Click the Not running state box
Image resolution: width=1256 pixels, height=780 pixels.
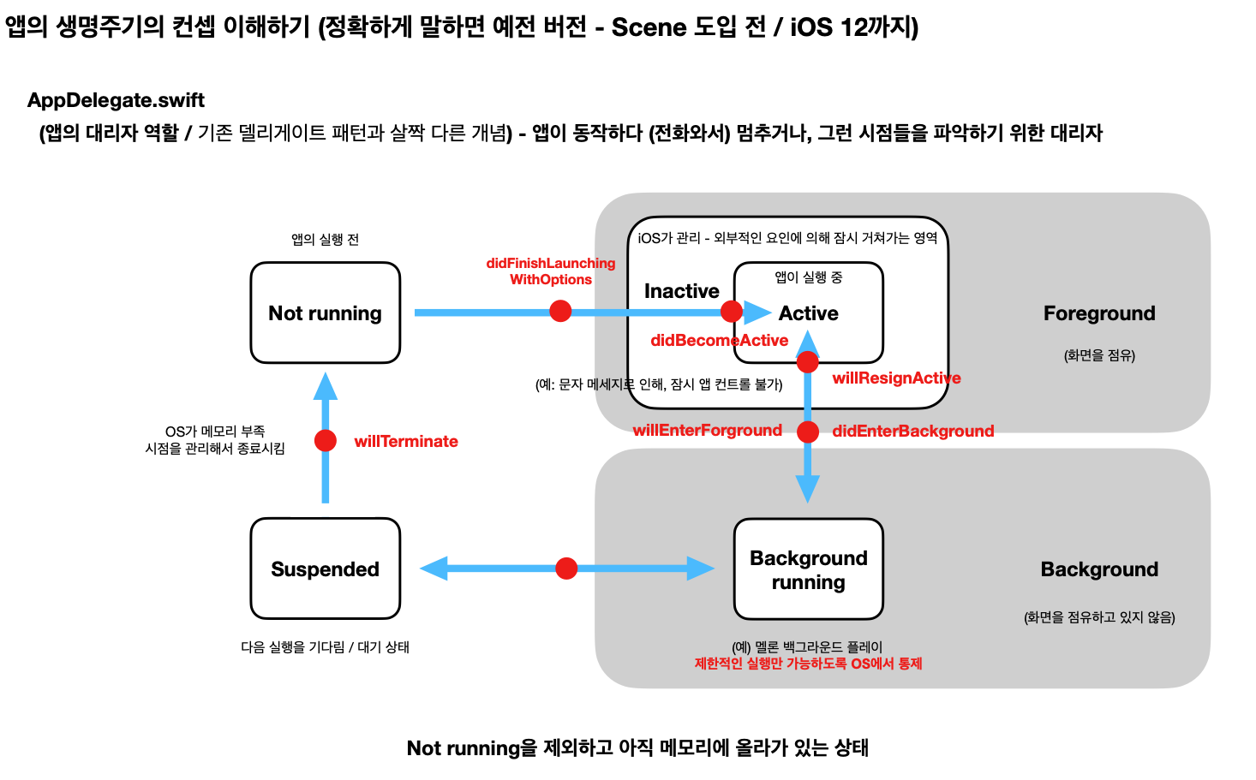click(x=325, y=313)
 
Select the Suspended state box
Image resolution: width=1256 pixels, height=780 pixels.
click(x=325, y=569)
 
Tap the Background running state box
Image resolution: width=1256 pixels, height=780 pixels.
click(x=808, y=569)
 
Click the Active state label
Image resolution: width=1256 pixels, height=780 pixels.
click(x=808, y=313)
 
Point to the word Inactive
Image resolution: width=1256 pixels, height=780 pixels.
click(x=681, y=291)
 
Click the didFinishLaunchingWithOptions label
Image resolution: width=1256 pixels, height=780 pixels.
click(x=550, y=271)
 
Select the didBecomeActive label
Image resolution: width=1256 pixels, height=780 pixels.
click(x=719, y=341)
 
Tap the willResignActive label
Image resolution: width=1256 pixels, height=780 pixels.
click(x=896, y=378)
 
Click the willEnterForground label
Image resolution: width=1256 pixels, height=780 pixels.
click(x=707, y=431)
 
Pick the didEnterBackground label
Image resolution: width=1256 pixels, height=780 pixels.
click(x=912, y=432)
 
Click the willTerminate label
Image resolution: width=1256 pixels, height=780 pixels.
click(x=406, y=442)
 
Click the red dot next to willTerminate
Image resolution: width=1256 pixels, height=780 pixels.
click(x=326, y=440)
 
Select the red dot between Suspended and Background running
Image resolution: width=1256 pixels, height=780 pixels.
click(x=566, y=569)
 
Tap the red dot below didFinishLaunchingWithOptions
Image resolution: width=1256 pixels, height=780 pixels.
click(x=560, y=311)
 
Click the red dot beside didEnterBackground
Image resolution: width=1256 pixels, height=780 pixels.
click(x=808, y=432)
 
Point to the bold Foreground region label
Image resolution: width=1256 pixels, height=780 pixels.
click(x=1099, y=313)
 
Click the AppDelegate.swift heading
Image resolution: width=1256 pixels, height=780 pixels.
click(x=116, y=100)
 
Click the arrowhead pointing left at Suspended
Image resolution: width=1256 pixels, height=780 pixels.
click(x=434, y=569)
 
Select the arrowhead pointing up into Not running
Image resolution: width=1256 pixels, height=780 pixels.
click(x=326, y=387)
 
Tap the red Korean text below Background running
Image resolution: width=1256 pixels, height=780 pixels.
click(x=808, y=664)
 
